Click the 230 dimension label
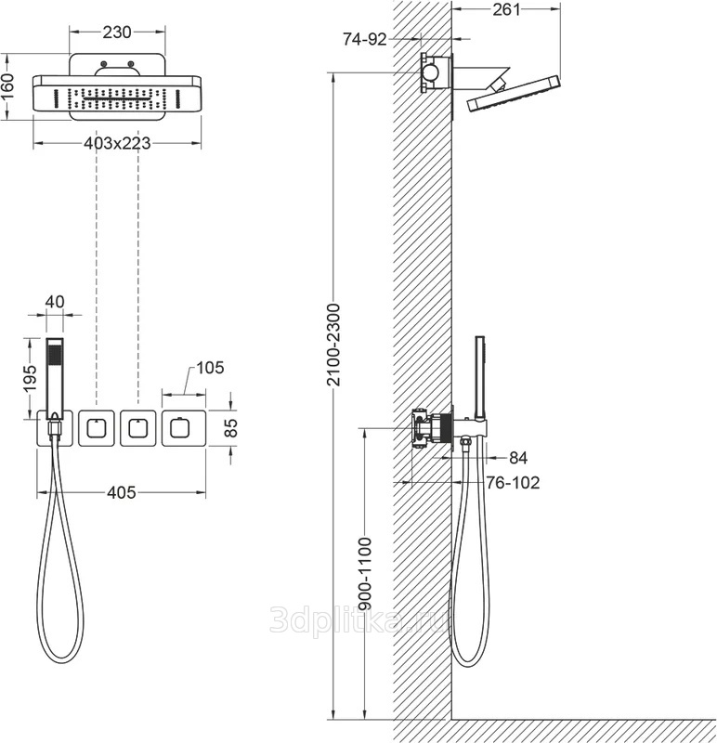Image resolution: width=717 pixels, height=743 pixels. [x=117, y=33]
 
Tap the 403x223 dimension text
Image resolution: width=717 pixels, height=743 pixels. [x=117, y=143]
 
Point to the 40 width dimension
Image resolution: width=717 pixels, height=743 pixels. [x=56, y=302]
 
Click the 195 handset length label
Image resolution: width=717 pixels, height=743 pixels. [x=30, y=378]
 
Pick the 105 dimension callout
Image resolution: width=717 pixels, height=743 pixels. [x=210, y=367]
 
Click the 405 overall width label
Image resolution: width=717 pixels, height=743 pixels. [x=122, y=492]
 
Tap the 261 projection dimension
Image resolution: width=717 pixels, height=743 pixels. [x=506, y=9]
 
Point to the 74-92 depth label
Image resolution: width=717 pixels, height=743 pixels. [x=365, y=39]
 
